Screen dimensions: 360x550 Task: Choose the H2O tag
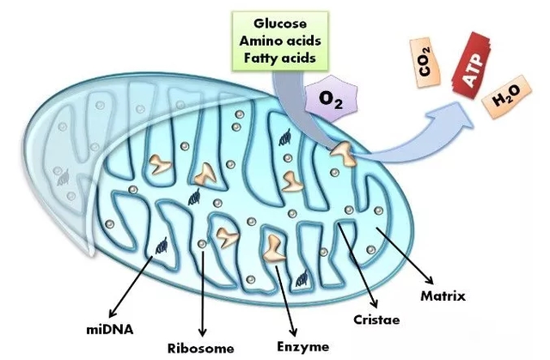(x=504, y=104)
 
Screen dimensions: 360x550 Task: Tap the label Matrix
(x=443, y=296)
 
